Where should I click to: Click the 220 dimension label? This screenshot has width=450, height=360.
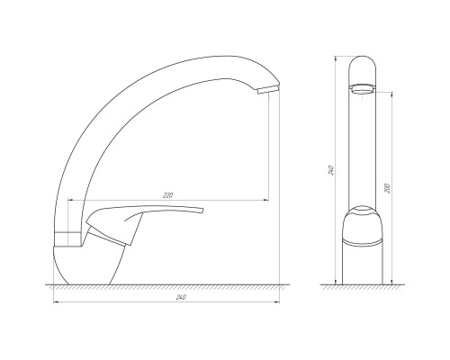click(166, 195)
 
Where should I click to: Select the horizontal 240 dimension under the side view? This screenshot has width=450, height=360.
click(166, 299)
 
